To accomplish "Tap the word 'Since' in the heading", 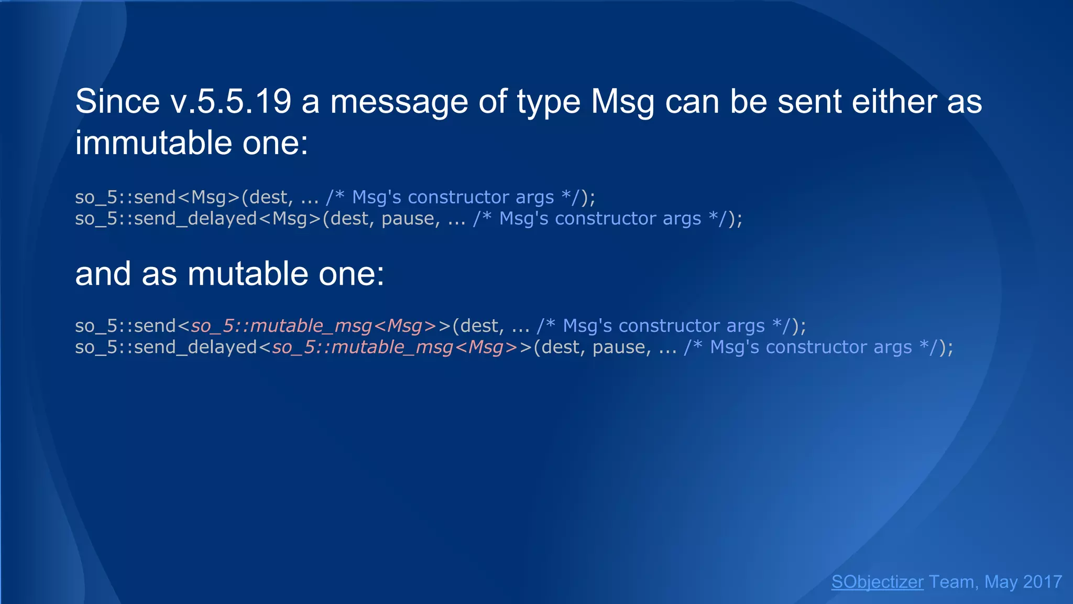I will click(x=117, y=101).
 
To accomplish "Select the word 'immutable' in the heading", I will click(x=154, y=143).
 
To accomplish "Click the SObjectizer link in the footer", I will click(x=877, y=581).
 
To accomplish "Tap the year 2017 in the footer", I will click(x=1042, y=581).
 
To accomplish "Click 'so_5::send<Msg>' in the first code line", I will click(x=157, y=197).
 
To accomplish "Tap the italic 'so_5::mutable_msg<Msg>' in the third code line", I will click(x=313, y=326).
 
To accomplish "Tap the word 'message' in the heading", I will click(x=399, y=101).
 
